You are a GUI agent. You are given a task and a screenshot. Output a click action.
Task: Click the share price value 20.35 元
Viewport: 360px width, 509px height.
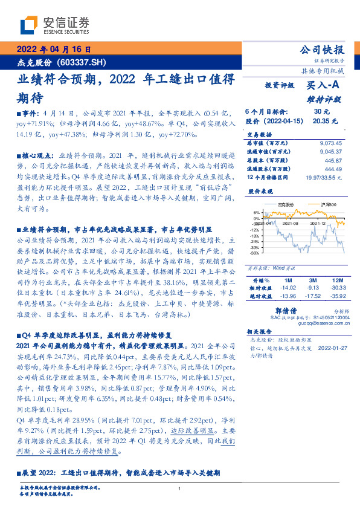321,121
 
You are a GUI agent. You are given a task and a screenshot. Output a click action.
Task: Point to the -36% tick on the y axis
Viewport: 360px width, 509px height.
256,253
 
